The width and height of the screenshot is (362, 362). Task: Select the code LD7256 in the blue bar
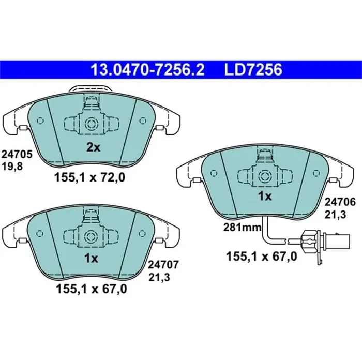(252, 69)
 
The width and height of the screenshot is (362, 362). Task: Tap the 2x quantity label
(93, 147)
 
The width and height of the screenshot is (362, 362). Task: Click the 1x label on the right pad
(265, 197)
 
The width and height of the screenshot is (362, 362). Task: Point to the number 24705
(17, 154)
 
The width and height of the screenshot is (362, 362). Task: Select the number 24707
(163, 265)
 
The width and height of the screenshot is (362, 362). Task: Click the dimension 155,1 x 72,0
(90, 178)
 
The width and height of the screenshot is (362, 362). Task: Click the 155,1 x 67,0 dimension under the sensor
(261, 255)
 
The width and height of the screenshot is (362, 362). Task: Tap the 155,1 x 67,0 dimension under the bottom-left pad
(90, 290)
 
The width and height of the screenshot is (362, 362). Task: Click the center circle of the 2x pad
(92, 124)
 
